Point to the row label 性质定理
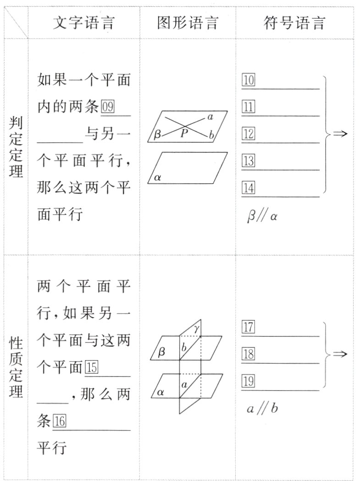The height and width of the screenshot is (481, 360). tap(16, 367)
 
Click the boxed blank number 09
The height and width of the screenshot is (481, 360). tap(107, 107)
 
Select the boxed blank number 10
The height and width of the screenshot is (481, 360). tap(248, 80)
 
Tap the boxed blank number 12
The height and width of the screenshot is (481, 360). tap(248, 134)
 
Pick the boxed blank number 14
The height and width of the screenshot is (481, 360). tap(248, 188)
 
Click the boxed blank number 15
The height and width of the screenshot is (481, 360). tap(91, 368)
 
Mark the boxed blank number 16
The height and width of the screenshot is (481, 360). tap(60, 421)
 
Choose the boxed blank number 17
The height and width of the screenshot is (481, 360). tap(248, 328)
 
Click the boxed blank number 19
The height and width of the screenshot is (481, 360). tap(248, 381)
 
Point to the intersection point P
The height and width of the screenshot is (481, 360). tap(184, 134)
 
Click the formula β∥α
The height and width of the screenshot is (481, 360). tap(262, 216)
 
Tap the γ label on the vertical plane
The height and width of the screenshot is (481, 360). tap(196, 328)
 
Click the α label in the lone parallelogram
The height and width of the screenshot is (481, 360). tap(158, 177)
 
